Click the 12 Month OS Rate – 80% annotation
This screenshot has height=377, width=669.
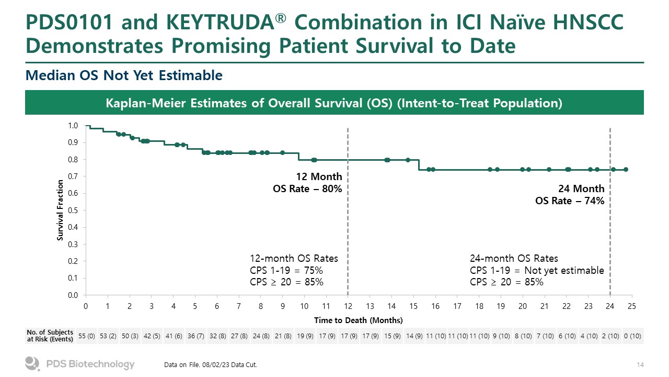(x=307, y=182)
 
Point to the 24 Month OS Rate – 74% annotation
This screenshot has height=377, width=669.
(x=570, y=194)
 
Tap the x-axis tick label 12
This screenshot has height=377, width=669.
(x=348, y=306)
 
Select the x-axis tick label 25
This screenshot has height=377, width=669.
(x=632, y=306)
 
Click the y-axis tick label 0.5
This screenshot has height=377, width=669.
(x=73, y=210)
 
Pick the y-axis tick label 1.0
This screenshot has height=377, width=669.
(x=73, y=126)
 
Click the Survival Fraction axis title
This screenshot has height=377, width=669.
(x=61, y=210)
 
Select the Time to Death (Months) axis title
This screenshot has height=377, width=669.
(x=359, y=320)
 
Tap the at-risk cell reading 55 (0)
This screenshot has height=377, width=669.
(x=86, y=336)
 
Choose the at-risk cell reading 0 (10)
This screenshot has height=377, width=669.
(x=632, y=336)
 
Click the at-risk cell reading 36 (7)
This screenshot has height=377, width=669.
(x=195, y=336)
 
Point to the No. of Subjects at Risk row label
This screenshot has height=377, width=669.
(x=50, y=336)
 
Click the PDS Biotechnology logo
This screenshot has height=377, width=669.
(x=80, y=364)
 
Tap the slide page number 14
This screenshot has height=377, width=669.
(x=640, y=364)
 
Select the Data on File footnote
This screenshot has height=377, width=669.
(x=210, y=364)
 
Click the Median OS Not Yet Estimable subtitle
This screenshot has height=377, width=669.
(x=124, y=76)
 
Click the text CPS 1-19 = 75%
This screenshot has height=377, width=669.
(x=286, y=270)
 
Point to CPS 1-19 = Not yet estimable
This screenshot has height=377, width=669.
(x=537, y=270)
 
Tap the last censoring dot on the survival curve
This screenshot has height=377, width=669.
(x=626, y=169)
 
